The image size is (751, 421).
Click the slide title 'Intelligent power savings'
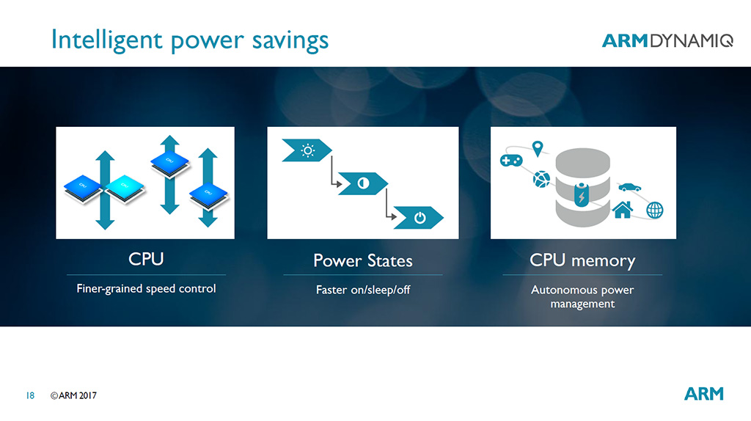tap(190, 40)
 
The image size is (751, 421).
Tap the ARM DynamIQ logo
tap(667, 41)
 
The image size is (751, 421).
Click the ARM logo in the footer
tap(703, 394)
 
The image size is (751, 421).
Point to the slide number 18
tap(30, 395)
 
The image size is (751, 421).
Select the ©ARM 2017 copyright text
tap(73, 395)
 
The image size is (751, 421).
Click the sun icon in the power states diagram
tap(307, 151)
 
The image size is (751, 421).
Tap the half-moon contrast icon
tap(364, 183)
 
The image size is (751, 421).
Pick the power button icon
tap(420, 218)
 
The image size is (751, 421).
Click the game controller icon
tap(511, 160)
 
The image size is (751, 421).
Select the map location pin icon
tap(538, 148)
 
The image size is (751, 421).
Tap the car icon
tap(629, 187)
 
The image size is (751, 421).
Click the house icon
tap(623, 209)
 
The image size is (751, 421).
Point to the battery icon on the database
tap(582, 194)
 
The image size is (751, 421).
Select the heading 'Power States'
tap(362, 261)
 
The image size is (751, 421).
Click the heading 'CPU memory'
tap(582, 260)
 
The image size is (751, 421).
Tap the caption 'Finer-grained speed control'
tap(146, 289)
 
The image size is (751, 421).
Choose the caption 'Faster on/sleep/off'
tap(363, 290)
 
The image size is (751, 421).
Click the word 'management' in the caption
tap(582, 304)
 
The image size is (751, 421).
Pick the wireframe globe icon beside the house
tap(655, 210)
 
